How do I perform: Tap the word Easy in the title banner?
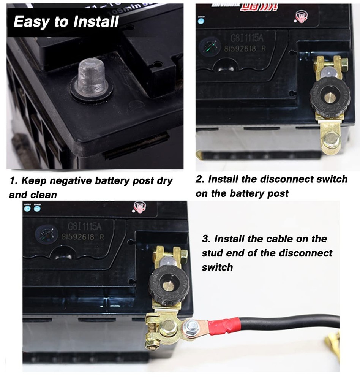31,22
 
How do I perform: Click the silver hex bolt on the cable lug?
191,326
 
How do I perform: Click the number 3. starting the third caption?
206,239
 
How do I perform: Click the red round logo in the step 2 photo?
302,16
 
